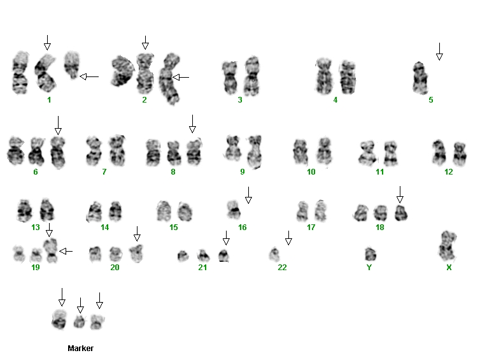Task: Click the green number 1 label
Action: [49, 100]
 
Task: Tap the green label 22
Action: [282, 268]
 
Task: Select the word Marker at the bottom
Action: [80, 348]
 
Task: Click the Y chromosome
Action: [371, 254]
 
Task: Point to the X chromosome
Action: [448, 247]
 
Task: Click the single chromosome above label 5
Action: [420, 78]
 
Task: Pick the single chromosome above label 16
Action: [233, 209]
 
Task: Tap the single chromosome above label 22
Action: [274, 254]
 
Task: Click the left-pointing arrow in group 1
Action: [89, 76]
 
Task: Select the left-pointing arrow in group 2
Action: [180, 77]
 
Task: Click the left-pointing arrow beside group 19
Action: [66, 251]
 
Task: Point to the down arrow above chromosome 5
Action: [439, 52]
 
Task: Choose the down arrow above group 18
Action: [400, 194]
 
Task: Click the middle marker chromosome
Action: [80, 322]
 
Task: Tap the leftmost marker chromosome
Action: [59, 319]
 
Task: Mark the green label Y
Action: [369, 268]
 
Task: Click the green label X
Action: [449, 268]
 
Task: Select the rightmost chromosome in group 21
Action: [223, 256]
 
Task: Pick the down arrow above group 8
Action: [192, 124]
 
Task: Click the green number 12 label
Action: [449, 172]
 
